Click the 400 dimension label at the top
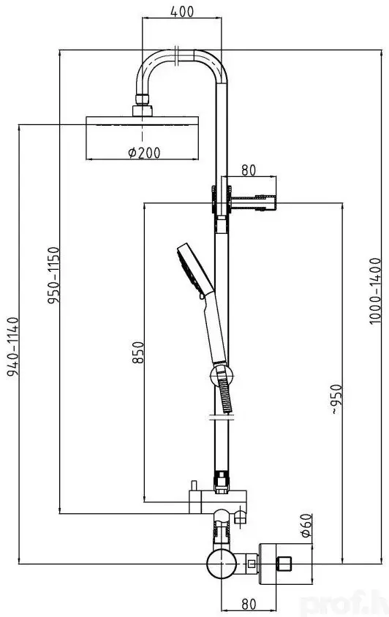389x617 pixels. tap(182, 12)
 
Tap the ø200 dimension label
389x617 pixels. tap(144, 152)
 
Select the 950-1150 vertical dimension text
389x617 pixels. tap(53, 275)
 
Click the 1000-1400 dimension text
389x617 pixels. tap(375, 291)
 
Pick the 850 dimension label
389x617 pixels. tap(137, 352)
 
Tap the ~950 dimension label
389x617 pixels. tap(336, 399)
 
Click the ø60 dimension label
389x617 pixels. tap(306, 525)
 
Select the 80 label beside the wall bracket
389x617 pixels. tap(249, 170)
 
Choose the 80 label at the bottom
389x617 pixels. tap(249, 604)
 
